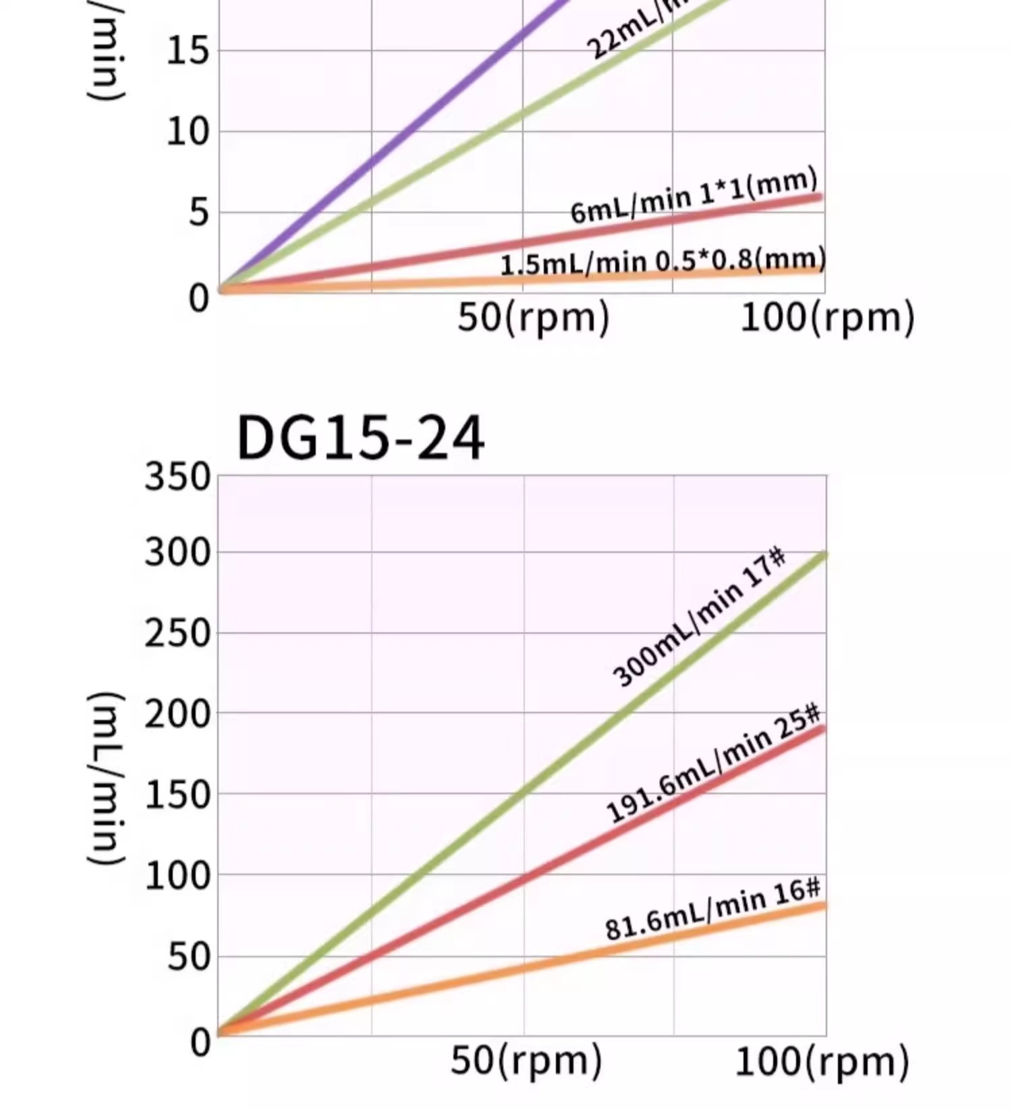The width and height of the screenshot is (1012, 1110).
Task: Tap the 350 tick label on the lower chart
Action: click(177, 477)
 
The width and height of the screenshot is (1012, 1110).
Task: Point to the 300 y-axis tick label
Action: click(177, 553)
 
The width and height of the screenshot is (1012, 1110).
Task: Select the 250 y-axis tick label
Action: click(177, 634)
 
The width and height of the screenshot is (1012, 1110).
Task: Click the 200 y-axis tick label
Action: click(177, 715)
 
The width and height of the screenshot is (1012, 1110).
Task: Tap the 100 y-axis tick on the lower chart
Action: click(177, 877)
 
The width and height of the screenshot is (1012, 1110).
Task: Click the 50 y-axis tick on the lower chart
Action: click(189, 957)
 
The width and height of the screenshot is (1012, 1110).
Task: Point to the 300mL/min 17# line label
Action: click(698, 619)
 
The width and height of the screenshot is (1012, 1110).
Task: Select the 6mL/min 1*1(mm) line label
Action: click(694, 196)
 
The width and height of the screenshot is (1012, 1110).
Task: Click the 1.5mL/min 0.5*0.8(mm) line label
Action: click(663, 262)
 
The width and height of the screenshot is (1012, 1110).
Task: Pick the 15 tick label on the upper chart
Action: click(188, 51)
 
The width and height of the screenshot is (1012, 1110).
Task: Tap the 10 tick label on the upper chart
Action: click(188, 132)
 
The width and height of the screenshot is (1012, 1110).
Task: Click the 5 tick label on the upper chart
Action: click(199, 213)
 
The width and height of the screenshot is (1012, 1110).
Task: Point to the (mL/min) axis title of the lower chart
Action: click(106, 777)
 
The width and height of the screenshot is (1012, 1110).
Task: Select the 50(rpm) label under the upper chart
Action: click(533, 317)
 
